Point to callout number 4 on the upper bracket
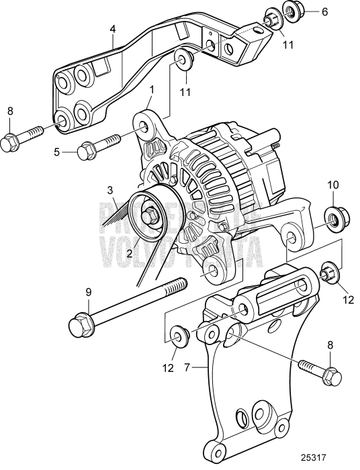pyautogui.click(x=114, y=29)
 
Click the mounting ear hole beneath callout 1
pyautogui.click(x=144, y=125)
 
